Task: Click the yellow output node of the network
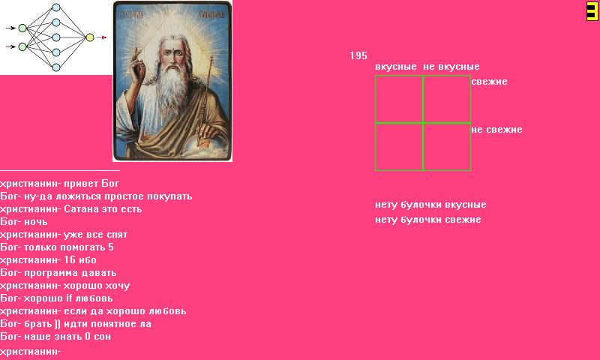click(90, 37)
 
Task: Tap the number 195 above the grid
click(358, 55)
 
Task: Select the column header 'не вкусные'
click(451, 67)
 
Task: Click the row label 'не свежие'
click(496, 129)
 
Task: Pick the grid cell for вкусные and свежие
click(399, 99)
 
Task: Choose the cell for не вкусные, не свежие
click(447, 146)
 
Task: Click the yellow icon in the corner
click(592, 10)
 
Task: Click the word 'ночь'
click(36, 221)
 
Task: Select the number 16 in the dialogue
click(69, 259)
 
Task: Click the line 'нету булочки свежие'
click(427, 220)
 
